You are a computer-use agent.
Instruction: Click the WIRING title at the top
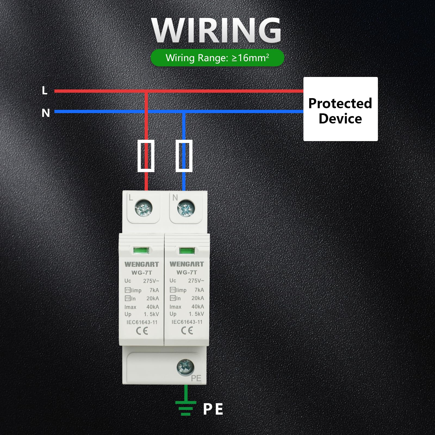coord(216,30)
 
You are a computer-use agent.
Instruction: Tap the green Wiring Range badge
coord(217,58)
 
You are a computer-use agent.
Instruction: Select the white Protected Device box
coord(340,109)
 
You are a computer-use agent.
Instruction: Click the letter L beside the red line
coord(45,91)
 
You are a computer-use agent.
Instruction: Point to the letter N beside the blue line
coord(46,113)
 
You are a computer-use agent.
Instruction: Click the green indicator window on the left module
coord(141,250)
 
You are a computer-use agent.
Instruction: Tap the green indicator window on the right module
coord(187,251)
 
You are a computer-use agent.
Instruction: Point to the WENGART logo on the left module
coord(142,264)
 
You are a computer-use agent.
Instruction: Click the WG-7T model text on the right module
coord(187,272)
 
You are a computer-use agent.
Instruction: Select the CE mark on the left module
coord(142,331)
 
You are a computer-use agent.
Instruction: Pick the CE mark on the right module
coord(187,330)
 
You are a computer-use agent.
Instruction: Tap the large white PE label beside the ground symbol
coord(213,409)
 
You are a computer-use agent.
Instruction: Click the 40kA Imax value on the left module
coord(153,307)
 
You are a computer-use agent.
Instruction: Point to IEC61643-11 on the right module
coord(187,322)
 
